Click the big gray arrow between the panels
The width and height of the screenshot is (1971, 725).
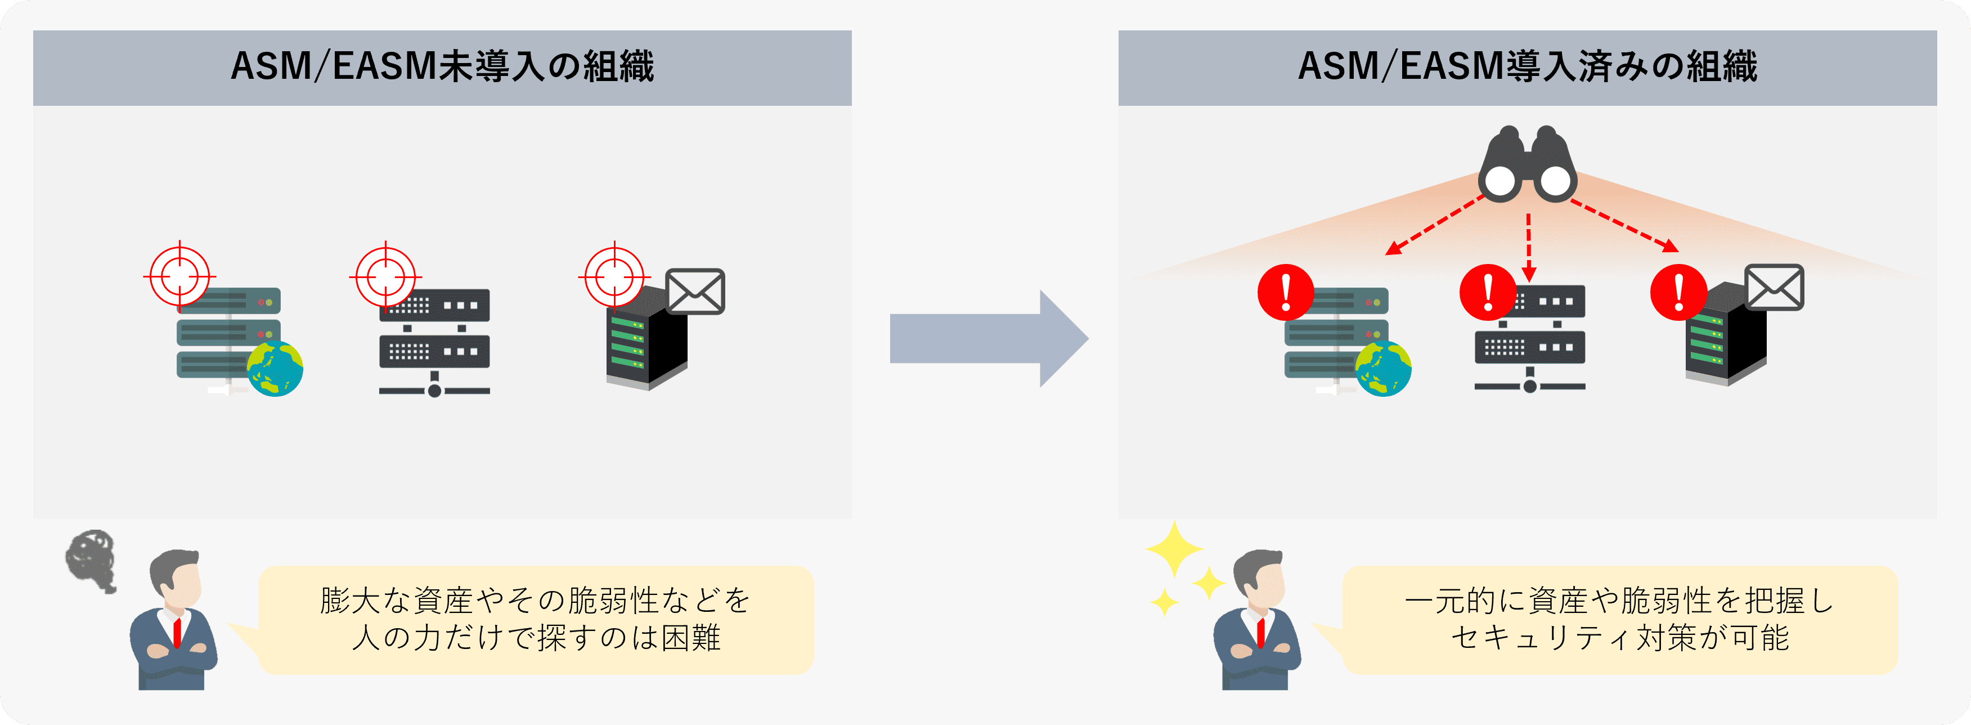[987, 338]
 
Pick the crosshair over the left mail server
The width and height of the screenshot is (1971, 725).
[614, 276]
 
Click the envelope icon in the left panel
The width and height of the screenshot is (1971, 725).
[695, 291]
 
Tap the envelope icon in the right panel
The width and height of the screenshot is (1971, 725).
[1774, 288]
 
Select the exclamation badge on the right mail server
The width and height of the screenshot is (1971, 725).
[1678, 292]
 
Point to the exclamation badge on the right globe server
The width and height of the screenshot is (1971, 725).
[1286, 292]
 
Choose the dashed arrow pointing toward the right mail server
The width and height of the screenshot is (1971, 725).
[1624, 226]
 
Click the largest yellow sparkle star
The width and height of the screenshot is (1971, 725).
[1174, 549]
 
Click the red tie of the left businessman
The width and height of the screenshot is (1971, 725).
[177, 632]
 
